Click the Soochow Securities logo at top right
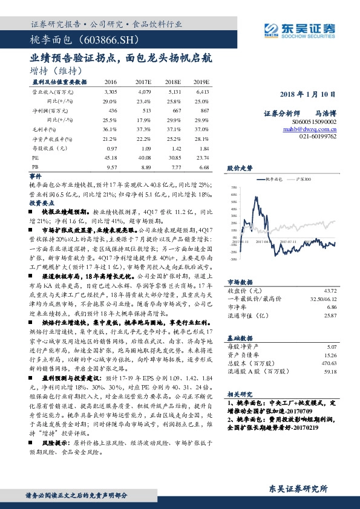(299, 28)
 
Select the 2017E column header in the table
(143, 82)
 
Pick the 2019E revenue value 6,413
(203, 91)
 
